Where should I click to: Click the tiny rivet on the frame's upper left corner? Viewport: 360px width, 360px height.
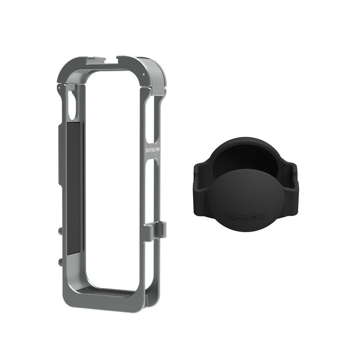59,88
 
